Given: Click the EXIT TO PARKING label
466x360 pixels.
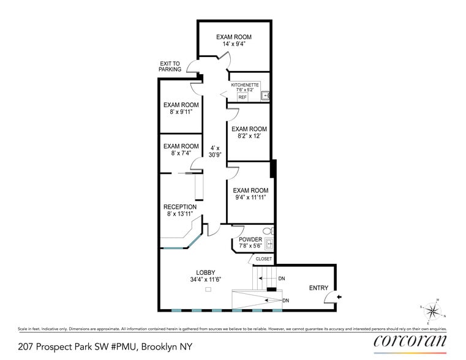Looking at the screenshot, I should [171, 66].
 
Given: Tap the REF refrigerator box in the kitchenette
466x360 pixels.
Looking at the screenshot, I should [242, 97].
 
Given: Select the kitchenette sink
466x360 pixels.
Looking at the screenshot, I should [266, 95].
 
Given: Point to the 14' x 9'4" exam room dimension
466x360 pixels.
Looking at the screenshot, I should [234, 45].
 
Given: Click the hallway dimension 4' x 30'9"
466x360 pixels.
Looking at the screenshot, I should [214, 151].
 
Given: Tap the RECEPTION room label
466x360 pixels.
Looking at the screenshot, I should [180, 207].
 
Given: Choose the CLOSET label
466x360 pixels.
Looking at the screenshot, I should [264, 259].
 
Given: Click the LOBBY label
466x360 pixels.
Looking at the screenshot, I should [205, 272].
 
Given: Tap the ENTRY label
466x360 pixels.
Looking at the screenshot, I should [318, 288].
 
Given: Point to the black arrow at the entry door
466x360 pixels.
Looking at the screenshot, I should [340, 298].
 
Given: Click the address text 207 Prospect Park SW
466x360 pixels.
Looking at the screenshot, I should [80, 347].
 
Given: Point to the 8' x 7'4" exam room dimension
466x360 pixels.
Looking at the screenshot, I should [181, 154].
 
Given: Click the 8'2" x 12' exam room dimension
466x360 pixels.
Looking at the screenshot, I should [249, 137].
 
